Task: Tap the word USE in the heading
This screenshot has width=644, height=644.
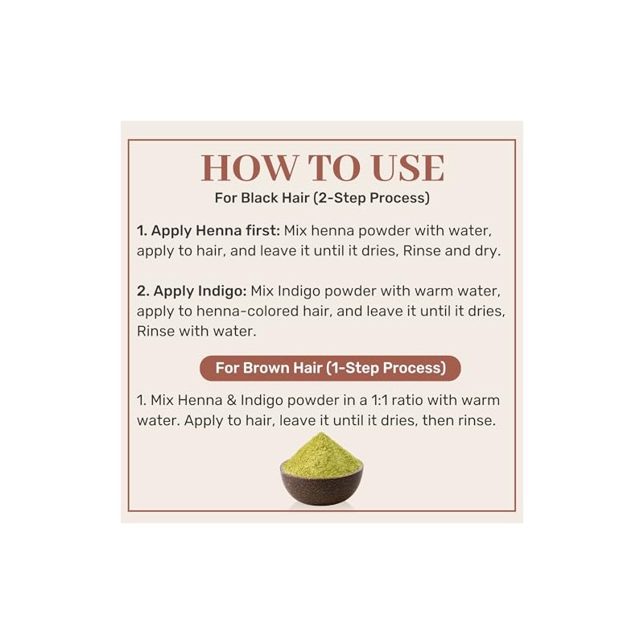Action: [408, 168]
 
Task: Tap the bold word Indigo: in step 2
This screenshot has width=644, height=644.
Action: [222, 291]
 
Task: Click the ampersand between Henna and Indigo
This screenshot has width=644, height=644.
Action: [232, 400]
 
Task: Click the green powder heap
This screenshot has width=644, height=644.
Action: [321, 454]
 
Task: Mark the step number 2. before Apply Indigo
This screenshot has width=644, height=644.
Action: [143, 291]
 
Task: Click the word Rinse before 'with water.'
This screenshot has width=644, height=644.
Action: [155, 331]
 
